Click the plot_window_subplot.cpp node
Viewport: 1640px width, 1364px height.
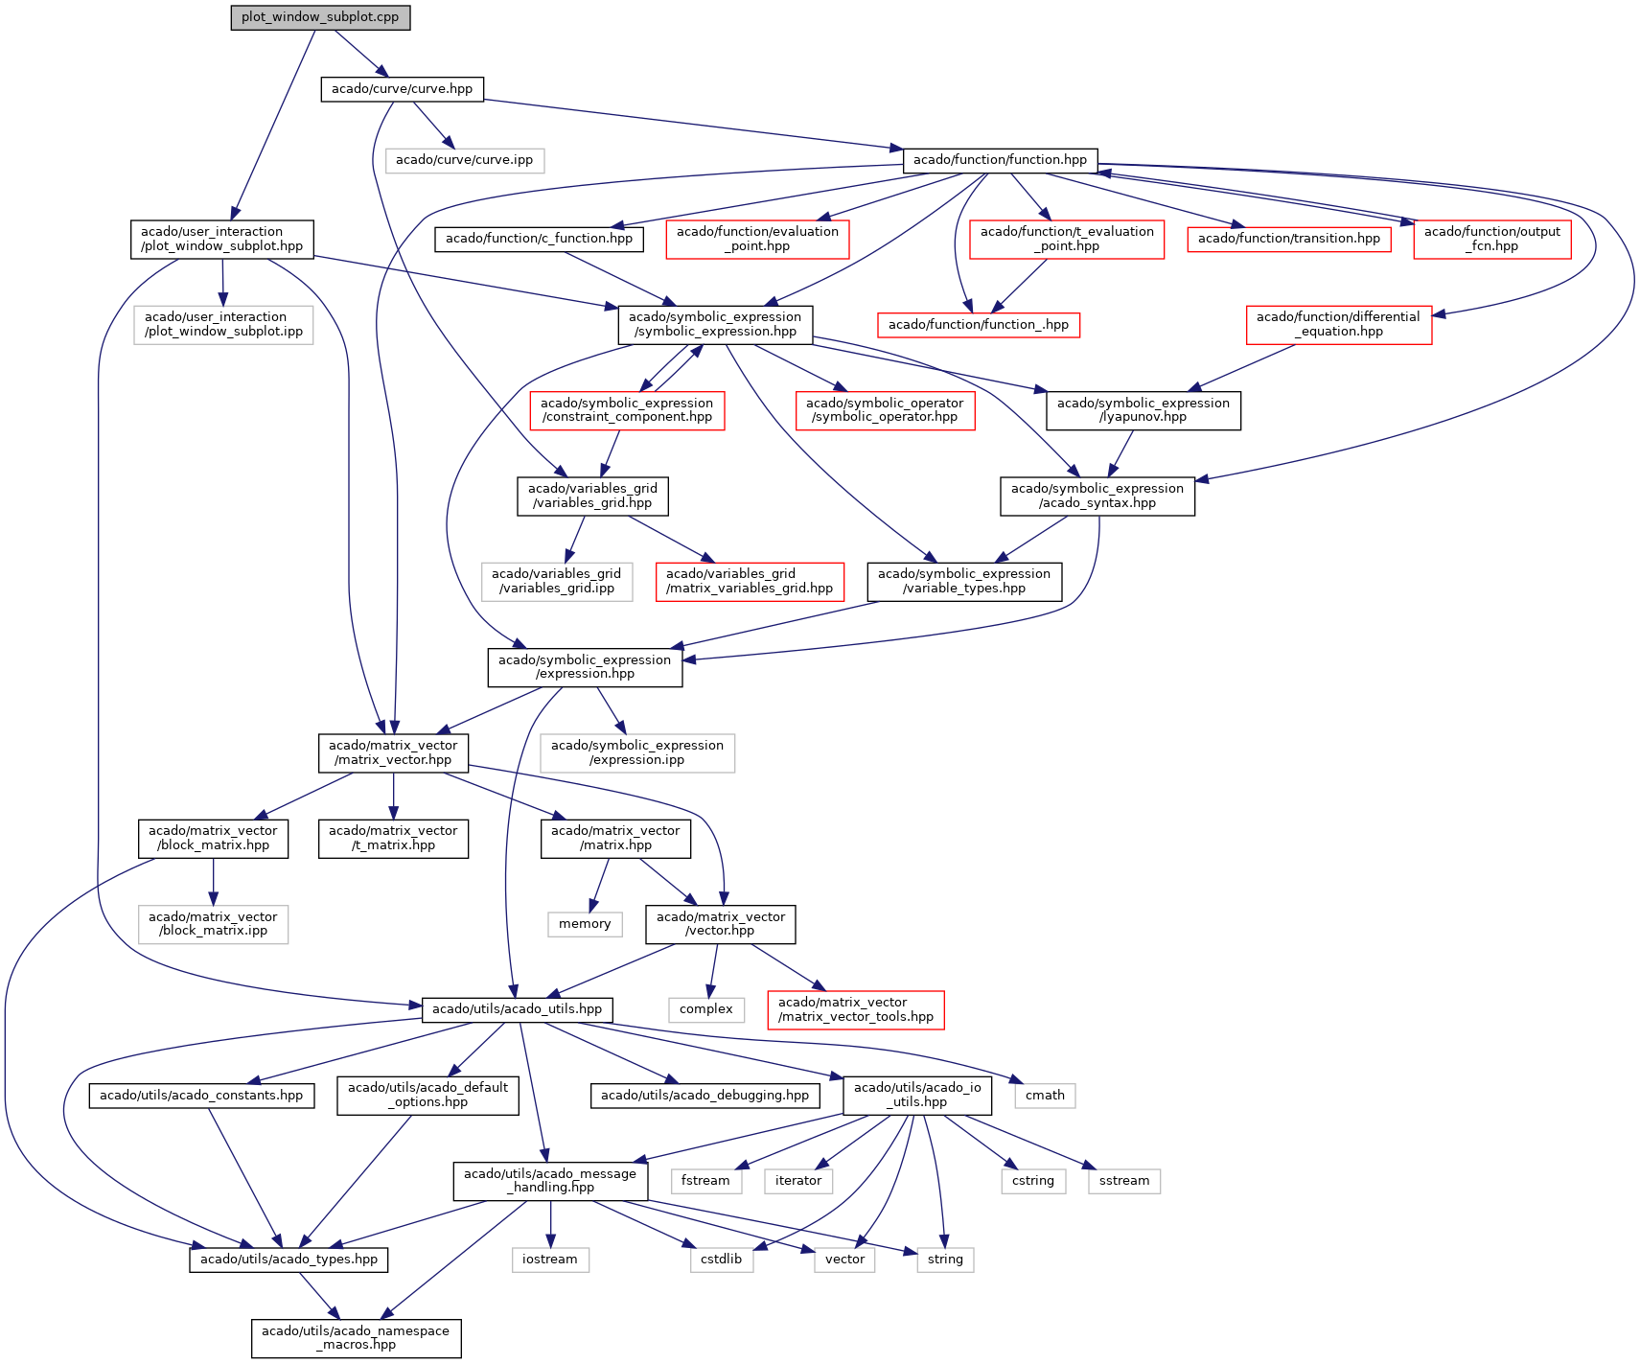tap(320, 17)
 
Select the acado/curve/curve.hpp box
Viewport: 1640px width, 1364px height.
tap(402, 89)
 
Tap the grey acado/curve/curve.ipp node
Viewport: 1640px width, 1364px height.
tap(464, 160)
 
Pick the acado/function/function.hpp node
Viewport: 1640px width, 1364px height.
tap(1000, 160)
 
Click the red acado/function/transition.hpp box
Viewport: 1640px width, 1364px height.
tap(1288, 239)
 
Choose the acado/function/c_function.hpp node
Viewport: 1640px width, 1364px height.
tap(539, 239)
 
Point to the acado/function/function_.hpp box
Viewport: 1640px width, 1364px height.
tap(978, 325)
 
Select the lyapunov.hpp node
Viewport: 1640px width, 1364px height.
tap(1143, 410)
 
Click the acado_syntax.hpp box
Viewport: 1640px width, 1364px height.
tap(1097, 496)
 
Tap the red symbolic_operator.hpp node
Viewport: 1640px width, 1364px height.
tap(884, 410)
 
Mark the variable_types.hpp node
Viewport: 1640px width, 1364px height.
tap(963, 581)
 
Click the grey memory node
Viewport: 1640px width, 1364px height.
tap(585, 924)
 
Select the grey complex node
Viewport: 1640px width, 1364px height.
tap(705, 1009)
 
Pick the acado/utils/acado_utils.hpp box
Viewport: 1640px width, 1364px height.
tap(517, 1009)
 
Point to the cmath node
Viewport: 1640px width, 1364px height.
tap(1045, 1096)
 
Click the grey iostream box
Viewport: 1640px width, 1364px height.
tap(549, 1260)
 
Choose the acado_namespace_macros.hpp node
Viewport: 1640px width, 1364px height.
tap(356, 1338)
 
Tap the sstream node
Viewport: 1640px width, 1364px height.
tap(1123, 1181)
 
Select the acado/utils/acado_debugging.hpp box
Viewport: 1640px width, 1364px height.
tap(705, 1096)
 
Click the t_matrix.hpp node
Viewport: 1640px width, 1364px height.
tap(393, 839)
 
